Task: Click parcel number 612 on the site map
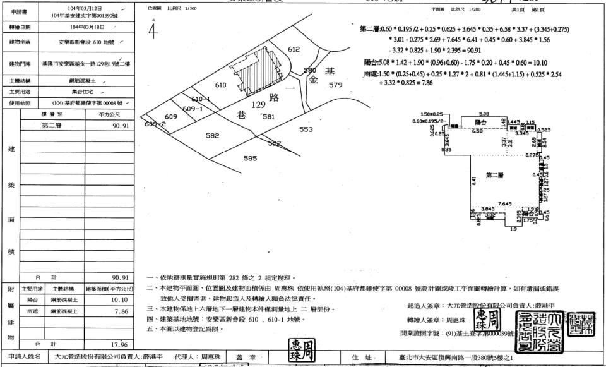coord(293,49)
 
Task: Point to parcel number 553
coord(306,129)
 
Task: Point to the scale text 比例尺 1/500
coord(181,9)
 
